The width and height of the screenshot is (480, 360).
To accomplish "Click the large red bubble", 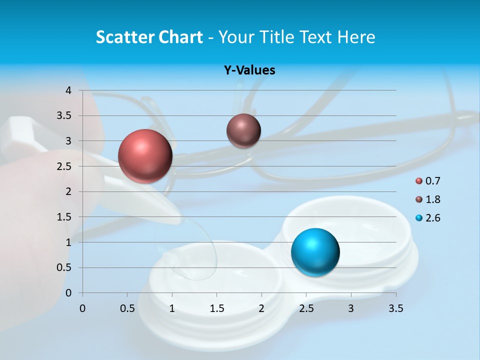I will point(145,156).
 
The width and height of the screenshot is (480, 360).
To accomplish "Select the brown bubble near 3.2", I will point(243,130).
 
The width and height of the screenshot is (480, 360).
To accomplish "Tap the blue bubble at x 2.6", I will point(315,252).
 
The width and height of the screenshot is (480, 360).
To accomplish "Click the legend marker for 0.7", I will point(419,181).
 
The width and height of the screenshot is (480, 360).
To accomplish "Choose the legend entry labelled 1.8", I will point(432,199).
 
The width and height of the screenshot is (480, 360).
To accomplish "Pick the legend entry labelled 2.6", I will point(432,218).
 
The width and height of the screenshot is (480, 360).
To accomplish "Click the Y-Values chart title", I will point(249,70).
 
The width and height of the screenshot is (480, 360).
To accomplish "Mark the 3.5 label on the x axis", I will point(395,308).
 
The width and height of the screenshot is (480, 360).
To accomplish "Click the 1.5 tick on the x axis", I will point(216,308).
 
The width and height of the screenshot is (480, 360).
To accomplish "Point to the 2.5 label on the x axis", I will point(306,308).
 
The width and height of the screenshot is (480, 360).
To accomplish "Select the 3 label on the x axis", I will point(351,308).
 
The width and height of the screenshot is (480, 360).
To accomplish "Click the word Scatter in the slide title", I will point(125,37).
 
